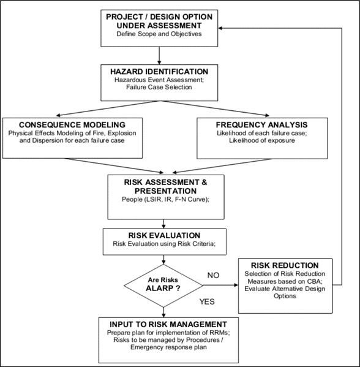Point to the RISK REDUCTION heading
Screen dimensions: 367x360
[x=286, y=265]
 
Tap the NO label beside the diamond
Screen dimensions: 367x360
[x=212, y=276]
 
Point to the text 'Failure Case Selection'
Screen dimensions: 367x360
[x=159, y=88]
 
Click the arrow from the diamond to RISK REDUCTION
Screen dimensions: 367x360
[x=220, y=284]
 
